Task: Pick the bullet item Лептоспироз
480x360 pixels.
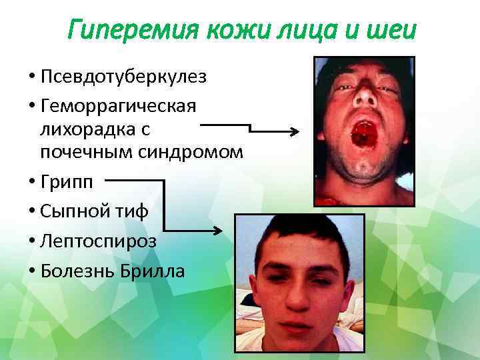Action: [98, 241]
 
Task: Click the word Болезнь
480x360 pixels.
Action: [75, 271]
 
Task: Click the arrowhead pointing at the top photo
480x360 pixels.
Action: [293, 132]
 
